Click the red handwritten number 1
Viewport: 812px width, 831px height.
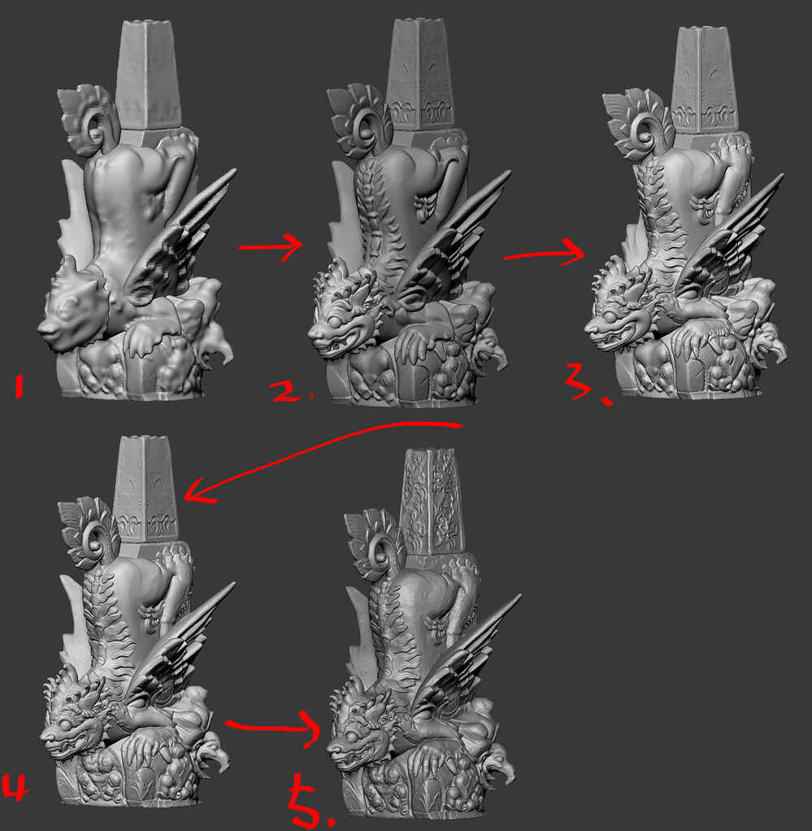(x=19, y=385)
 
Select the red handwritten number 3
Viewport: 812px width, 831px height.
(x=584, y=383)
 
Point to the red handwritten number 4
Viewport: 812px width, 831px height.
(x=15, y=788)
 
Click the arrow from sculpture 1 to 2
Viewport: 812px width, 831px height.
(x=270, y=247)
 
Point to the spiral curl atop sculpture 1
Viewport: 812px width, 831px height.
(x=95, y=127)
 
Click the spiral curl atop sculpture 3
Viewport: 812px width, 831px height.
(x=642, y=130)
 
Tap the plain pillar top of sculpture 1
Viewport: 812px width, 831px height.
(x=147, y=24)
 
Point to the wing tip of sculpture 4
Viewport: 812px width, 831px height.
(x=232, y=585)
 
